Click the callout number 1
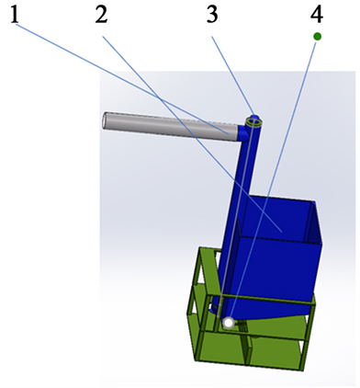pos(15,15)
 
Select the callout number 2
pos(101,15)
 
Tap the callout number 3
pos(212,15)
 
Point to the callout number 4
pos(317,15)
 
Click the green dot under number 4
pos(318,37)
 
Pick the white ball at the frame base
pos(229,323)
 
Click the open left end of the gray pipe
pos(105,120)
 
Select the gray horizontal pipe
pos(170,127)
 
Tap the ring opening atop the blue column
pos(254,122)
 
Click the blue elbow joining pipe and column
pos(244,133)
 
